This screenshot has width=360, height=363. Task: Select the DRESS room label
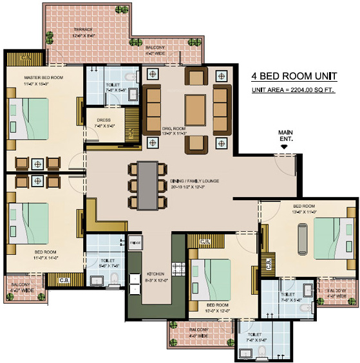point(104,120)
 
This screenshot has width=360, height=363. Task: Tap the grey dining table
point(149,185)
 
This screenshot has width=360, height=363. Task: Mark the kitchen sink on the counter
point(135,283)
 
